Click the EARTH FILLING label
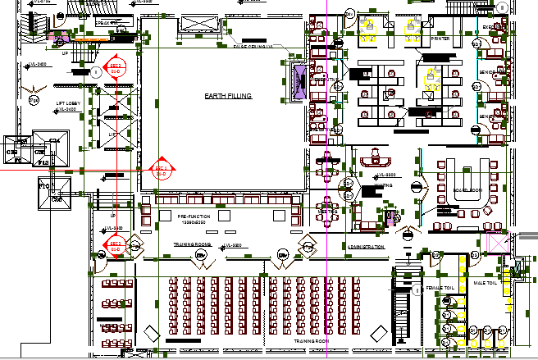[228, 96]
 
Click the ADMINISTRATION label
[366, 246]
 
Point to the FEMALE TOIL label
[440, 289]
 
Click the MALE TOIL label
[485, 283]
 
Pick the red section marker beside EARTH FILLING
[162, 171]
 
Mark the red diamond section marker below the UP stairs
[116, 245]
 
